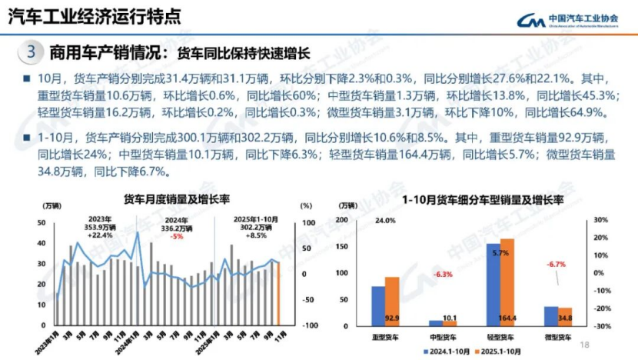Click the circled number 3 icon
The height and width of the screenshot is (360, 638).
point(30,53)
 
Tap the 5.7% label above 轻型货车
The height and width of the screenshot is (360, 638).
point(501,253)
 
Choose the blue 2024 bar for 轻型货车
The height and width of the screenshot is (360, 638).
point(493,285)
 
